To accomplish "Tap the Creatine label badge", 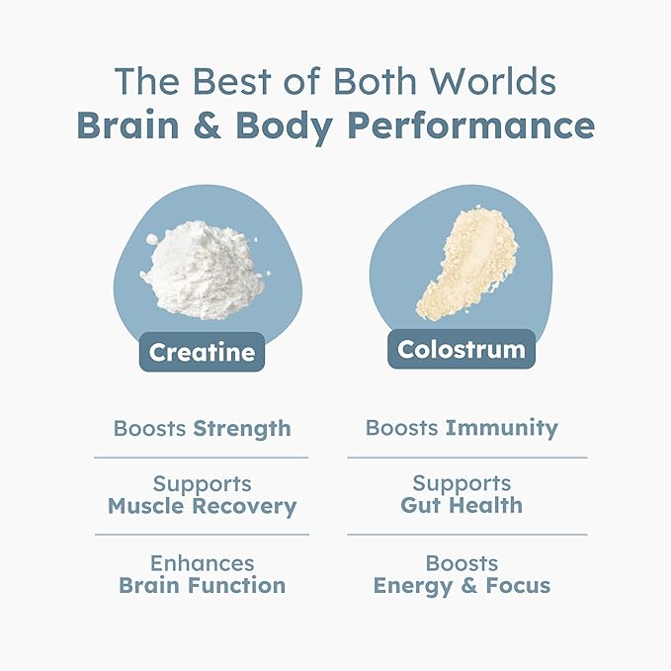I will pos(201,351).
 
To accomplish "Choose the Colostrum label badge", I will pos(461,349).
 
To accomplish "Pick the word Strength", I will pos(242,429).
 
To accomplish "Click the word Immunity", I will pos(502,428).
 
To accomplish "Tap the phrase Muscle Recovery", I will pos(202,507).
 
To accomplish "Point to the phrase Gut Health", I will pos(461,506).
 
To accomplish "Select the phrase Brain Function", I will pos(202,585).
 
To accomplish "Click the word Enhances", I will pos(202,562).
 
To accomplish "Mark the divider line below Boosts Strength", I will pos(202,458).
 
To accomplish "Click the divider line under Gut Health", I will pos(466,535).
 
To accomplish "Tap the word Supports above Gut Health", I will pos(461,483).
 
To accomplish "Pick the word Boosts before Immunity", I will pos(402,428).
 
